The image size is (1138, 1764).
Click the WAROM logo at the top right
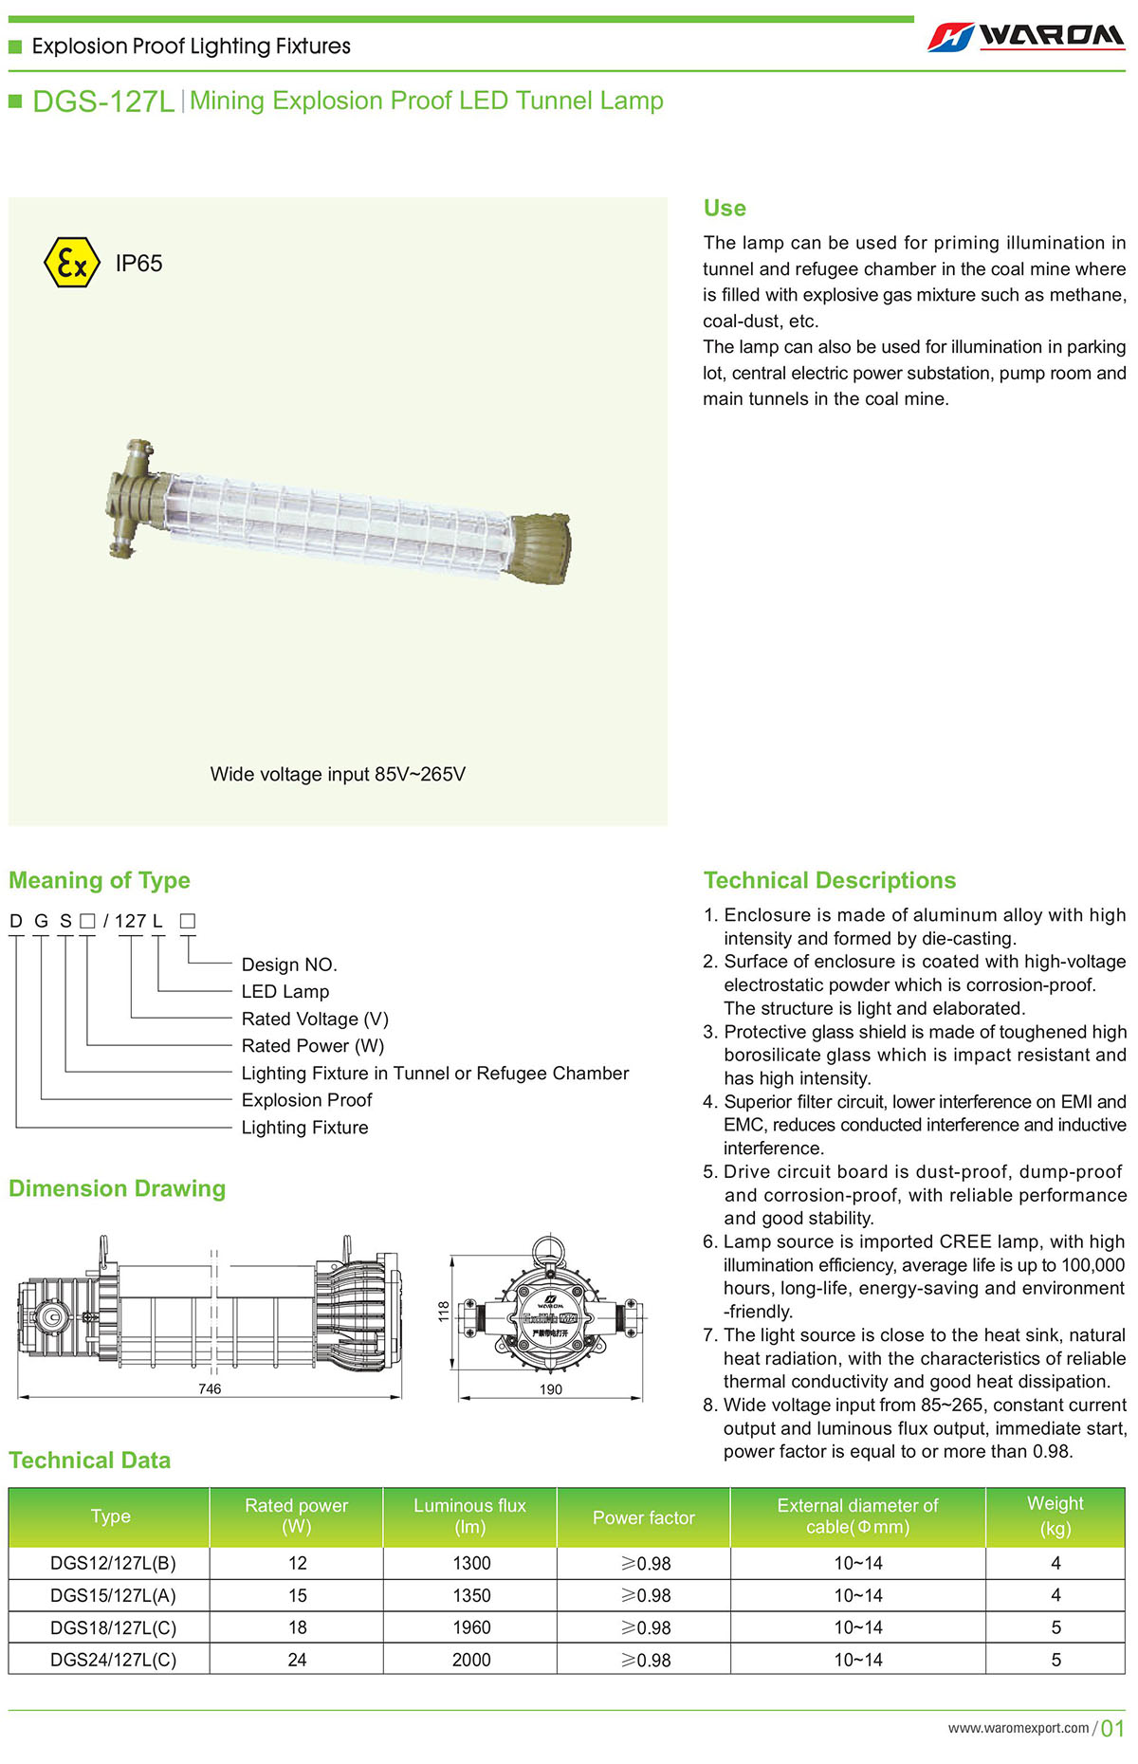(x=1026, y=36)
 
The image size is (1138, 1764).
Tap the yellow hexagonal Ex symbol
(x=72, y=263)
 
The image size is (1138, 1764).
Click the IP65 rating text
(x=138, y=264)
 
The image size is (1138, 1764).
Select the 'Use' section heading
(x=725, y=209)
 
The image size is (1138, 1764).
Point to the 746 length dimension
(x=210, y=1388)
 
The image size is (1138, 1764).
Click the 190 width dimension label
(x=551, y=1389)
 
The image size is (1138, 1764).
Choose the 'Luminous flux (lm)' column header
(x=469, y=1516)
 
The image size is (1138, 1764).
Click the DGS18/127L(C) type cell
(x=113, y=1627)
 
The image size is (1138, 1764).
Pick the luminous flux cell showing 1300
(x=471, y=1563)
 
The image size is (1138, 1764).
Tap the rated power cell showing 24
(x=297, y=1660)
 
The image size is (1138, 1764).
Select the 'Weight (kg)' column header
(x=1055, y=1516)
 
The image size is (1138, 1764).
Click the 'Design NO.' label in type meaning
(x=289, y=965)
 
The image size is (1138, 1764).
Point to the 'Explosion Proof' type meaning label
(x=306, y=1100)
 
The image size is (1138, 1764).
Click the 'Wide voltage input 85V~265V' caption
(x=338, y=774)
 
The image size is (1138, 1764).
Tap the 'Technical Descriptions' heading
(x=830, y=880)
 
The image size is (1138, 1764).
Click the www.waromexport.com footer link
(x=1019, y=1728)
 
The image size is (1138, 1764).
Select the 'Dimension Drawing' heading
(x=118, y=1188)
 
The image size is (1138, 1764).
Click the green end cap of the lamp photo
(x=541, y=549)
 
